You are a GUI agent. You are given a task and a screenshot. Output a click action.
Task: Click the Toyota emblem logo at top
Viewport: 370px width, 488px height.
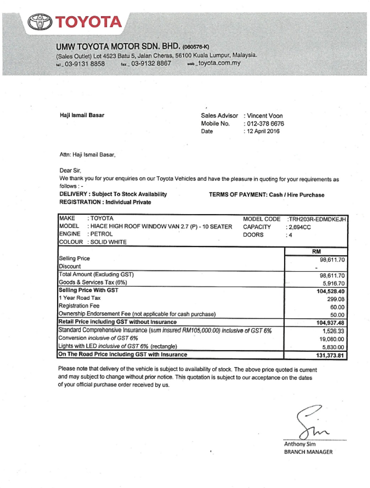[x=40, y=22]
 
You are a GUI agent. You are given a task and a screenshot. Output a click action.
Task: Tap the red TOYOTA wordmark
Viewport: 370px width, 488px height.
[x=89, y=22]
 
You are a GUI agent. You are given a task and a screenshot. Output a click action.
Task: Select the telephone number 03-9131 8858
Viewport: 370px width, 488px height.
[x=85, y=64]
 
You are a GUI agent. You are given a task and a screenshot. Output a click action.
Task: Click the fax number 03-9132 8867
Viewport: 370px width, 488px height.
[x=151, y=64]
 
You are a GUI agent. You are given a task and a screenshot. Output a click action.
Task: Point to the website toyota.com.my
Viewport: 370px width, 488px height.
[x=219, y=63]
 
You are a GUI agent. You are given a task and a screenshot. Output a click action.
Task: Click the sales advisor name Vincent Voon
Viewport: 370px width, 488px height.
[x=265, y=116]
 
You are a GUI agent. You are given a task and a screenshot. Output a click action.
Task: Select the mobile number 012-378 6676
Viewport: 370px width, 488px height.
[x=266, y=124]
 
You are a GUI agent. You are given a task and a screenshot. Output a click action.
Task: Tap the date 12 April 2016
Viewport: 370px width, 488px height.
[x=263, y=131]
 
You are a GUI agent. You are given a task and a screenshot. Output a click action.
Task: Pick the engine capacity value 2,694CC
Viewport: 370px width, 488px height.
[x=300, y=227]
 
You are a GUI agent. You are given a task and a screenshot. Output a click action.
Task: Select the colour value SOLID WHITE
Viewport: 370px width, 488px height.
[x=108, y=242]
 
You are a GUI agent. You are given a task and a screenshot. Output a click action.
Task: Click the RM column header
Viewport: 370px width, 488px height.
[x=316, y=251]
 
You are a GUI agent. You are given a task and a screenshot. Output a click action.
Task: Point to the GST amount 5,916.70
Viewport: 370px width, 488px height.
[x=333, y=284]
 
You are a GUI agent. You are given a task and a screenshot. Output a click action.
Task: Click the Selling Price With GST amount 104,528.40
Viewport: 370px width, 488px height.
[x=330, y=291]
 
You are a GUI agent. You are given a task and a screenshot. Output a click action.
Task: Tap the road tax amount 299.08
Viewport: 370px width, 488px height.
[x=336, y=299]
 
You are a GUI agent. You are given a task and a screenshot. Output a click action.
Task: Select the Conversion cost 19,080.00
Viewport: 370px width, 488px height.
[x=332, y=339]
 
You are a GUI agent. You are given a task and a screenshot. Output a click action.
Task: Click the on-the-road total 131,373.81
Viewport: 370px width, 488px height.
[x=330, y=355]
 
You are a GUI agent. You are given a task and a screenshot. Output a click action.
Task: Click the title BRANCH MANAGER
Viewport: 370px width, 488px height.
[x=308, y=452]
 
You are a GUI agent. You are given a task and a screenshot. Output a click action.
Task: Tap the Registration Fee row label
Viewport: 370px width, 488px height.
[x=79, y=306]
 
